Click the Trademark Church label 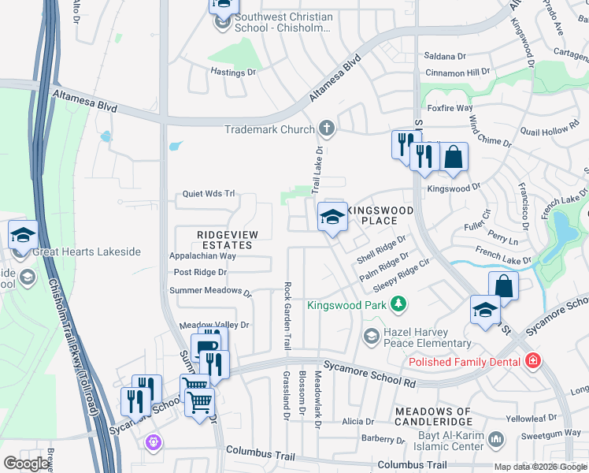(x=269, y=129)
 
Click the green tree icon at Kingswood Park (x=399, y=304)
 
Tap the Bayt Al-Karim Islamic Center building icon (x=496, y=438)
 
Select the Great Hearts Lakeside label (x=87, y=251)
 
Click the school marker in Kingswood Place (x=332, y=217)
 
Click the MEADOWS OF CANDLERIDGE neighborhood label (x=433, y=417)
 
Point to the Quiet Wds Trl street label (x=209, y=193)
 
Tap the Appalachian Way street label (x=203, y=256)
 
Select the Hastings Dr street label (x=234, y=72)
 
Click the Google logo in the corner (x=28, y=464)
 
